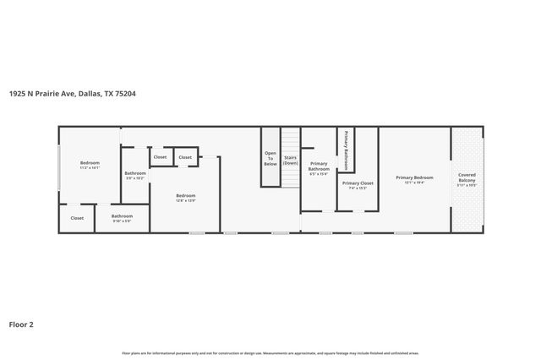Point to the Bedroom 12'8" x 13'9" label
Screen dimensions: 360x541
(185, 198)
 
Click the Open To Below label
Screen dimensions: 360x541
(270, 158)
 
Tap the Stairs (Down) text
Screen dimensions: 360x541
(291, 160)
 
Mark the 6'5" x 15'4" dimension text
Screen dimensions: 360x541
(319, 173)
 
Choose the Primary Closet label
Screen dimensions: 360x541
(358, 183)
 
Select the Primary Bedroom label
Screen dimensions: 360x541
(414, 177)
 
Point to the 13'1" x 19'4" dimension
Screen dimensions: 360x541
(414, 182)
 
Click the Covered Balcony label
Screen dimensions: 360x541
(467, 178)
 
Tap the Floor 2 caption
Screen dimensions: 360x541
(21, 324)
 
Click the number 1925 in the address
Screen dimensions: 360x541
(16, 94)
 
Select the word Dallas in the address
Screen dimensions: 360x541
(89, 94)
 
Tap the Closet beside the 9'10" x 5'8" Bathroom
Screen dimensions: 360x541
(77, 218)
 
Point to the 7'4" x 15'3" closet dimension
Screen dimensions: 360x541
(358, 188)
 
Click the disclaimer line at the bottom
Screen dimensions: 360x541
(270, 352)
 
